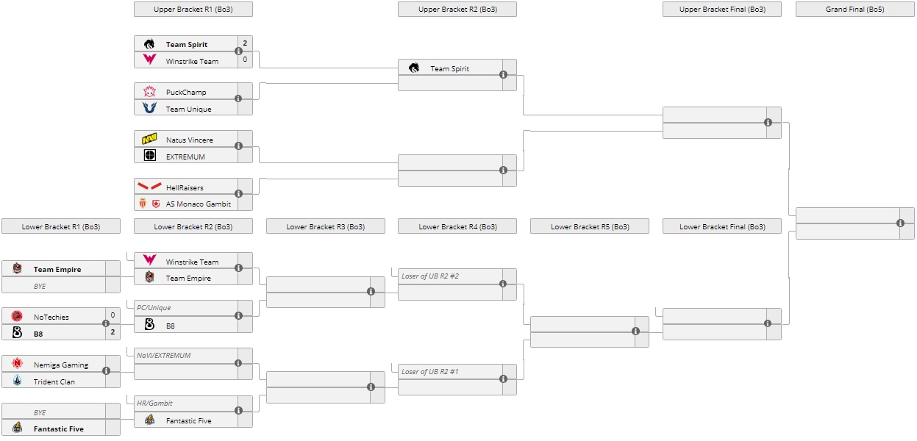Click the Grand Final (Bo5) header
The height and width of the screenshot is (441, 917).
tap(854, 10)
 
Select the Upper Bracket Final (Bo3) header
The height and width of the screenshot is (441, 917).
tap(721, 10)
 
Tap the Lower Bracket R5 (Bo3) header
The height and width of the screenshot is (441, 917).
tap(589, 227)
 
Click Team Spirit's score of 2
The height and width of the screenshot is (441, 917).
tap(245, 43)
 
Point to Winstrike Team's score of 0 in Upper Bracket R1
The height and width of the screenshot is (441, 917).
tap(245, 60)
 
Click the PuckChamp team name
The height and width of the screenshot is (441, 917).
tap(186, 93)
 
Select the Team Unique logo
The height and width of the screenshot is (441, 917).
tap(150, 108)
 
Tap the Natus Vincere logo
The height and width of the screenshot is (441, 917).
tap(150, 139)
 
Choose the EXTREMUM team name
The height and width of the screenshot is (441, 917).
tap(185, 157)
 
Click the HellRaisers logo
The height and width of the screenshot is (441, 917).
tap(150, 187)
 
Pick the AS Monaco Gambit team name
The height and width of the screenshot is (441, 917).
tap(199, 204)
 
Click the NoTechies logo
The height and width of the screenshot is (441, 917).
tap(17, 317)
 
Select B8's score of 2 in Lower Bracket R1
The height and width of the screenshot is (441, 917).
tap(113, 332)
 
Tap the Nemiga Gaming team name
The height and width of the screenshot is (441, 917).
tap(61, 365)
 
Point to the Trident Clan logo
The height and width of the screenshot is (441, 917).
tap(17, 381)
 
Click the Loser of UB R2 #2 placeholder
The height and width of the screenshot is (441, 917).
tap(430, 276)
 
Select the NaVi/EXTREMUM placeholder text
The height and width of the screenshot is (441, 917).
tap(164, 356)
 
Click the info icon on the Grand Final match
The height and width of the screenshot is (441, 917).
tap(900, 223)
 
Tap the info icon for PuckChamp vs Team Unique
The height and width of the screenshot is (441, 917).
tap(238, 98)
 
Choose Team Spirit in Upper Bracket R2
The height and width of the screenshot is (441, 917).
tap(449, 69)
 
